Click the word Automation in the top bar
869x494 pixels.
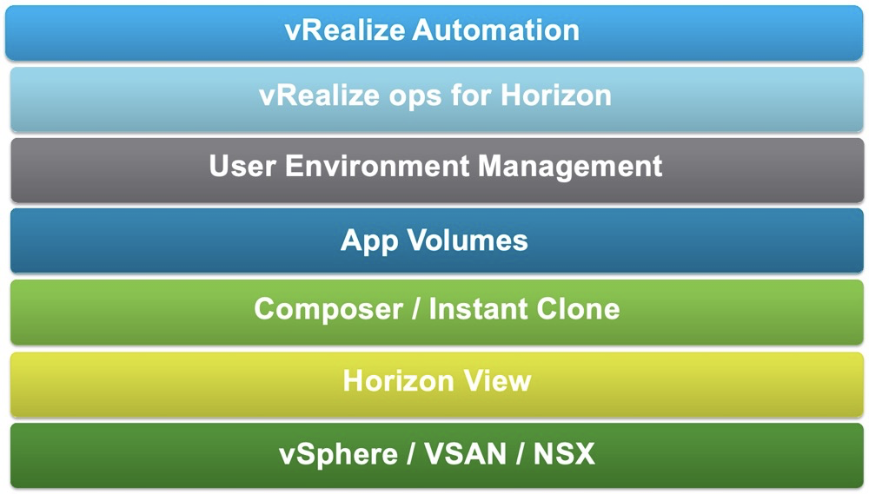coord(495,31)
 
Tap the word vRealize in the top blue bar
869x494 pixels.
coord(344,31)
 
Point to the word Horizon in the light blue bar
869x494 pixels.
coord(556,96)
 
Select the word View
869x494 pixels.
coord(499,381)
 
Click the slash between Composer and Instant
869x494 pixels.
coord(412,309)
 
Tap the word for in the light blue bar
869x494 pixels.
coord(471,96)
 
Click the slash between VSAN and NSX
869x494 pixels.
coord(520,454)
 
